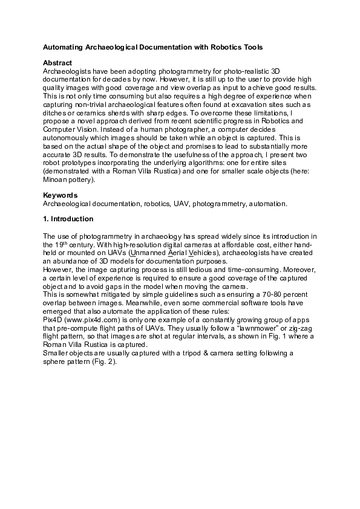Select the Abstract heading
pos(57,63)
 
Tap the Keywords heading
pos(60,195)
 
